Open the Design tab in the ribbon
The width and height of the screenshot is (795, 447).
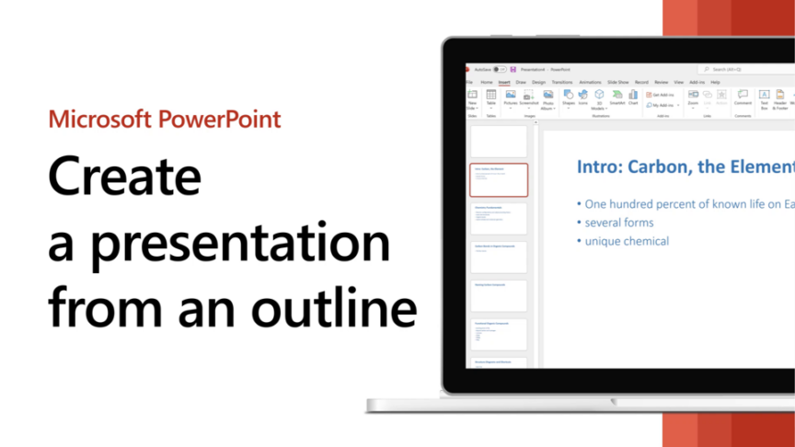point(538,82)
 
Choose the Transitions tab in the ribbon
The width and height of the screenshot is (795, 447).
point(561,82)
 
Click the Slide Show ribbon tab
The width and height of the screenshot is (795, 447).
point(617,82)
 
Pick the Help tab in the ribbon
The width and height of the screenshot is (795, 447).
point(715,82)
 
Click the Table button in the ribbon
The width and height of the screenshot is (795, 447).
point(490,97)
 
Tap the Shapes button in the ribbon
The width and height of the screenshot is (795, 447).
point(568,97)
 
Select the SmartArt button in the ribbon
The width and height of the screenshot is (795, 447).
point(616,97)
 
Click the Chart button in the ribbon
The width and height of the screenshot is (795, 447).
point(633,97)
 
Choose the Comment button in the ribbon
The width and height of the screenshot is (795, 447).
point(743,97)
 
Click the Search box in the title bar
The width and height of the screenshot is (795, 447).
point(745,69)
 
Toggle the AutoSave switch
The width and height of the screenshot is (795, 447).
point(498,69)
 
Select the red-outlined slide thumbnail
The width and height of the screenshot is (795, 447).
point(499,180)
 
